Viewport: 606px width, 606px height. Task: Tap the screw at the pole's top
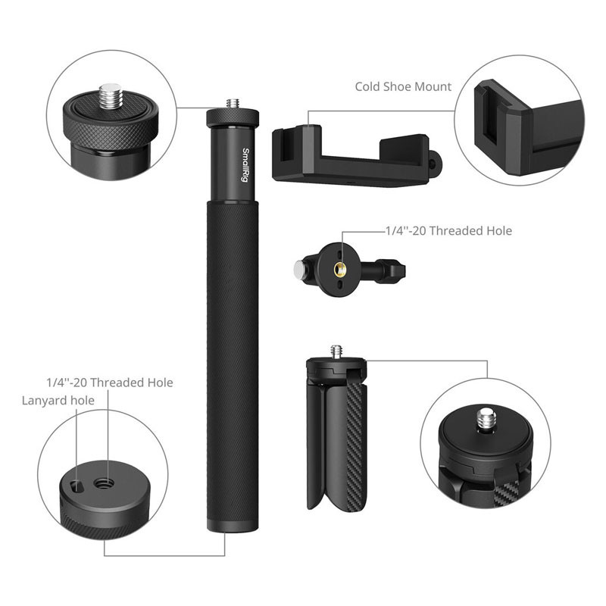[232, 103]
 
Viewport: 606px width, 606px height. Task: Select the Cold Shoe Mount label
[403, 86]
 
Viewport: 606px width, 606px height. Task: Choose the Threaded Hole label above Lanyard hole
[110, 383]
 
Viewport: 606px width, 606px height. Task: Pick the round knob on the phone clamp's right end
[435, 161]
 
